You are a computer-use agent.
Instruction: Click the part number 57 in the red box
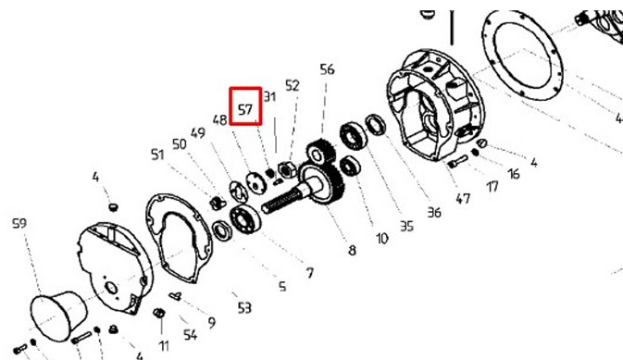point(245,109)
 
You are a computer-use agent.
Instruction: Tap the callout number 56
point(327,69)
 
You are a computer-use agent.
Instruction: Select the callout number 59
point(19,223)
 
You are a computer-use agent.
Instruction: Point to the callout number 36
point(434,213)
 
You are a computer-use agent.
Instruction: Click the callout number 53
point(244,307)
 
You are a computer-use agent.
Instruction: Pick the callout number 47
point(463,198)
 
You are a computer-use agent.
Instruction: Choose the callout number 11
point(164,346)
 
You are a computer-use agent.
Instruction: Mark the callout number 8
point(352,250)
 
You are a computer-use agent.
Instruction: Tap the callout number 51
point(157,155)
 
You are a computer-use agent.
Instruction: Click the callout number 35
point(406,226)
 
